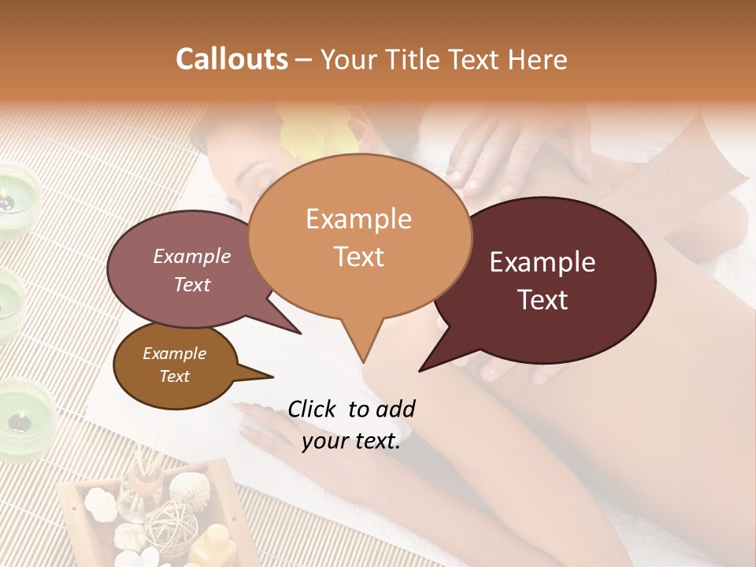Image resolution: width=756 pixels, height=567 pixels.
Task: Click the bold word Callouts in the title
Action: coord(232,59)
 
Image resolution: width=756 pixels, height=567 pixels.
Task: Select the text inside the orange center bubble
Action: coord(358,238)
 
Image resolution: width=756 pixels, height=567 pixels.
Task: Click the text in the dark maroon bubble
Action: coord(543,280)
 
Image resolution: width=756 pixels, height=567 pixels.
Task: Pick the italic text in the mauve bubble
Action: coord(192,270)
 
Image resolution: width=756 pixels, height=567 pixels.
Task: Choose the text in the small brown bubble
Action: coord(174,365)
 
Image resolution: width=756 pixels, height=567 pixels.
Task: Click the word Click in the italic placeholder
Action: coord(314,409)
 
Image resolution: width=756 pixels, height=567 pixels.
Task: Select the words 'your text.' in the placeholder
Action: coord(351,441)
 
